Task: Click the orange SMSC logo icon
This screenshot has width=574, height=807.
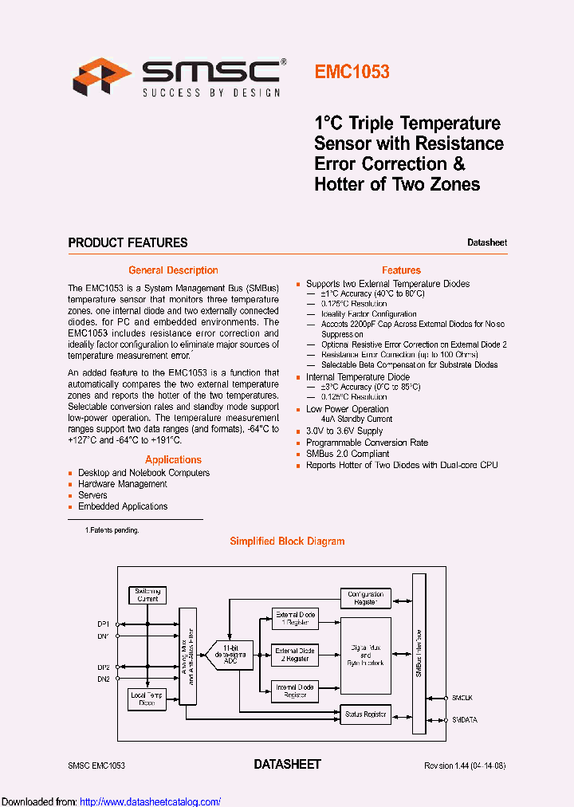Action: [x=101, y=76]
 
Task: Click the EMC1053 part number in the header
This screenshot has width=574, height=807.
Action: [x=352, y=72]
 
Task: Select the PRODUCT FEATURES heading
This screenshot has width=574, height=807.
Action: [x=128, y=242]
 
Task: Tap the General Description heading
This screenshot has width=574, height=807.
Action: [x=173, y=270]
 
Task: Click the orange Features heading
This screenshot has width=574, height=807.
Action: [x=401, y=270]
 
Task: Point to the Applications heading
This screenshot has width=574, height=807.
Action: [x=173, y=459]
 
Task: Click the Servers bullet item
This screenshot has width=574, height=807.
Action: [x=92, y=495]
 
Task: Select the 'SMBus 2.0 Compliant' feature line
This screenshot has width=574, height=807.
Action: [x=348, y=454]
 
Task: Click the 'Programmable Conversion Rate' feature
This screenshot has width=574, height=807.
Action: [x=367, y=443]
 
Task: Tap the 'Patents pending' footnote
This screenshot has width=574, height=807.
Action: [x=112, y=529]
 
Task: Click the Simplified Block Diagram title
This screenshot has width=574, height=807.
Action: [x=287, y=541]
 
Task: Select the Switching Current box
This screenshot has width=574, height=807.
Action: [x=147, y=595]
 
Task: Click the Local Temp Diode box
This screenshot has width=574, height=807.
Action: [x=147, y=699]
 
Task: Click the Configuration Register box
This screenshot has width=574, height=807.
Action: [x=366, y=598]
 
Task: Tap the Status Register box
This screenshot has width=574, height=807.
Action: [x=365, y=714]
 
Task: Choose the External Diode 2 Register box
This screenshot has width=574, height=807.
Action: [x=295, y=655]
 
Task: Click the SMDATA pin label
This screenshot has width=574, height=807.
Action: [x=466, y=719]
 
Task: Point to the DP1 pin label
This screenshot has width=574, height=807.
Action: [x=104, y=624]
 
